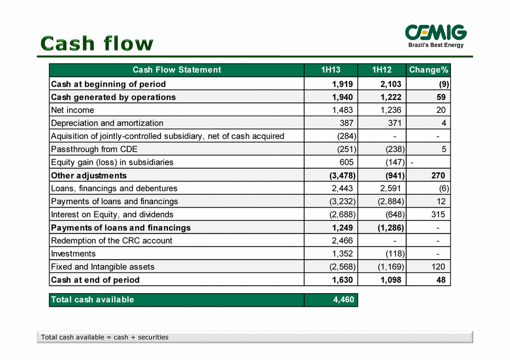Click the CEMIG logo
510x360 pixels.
pyautogui.click(x=436, y=36)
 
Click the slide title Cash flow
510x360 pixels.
pyautogui.click(x=96, y=44)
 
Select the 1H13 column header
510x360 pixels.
pyautogui.click(x=331, y=70)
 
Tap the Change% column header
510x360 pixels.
pyautogui.click(x=428, y=70)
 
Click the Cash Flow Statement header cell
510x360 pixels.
pyautogui.click(x=176, y=70)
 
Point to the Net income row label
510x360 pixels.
pyautogui.click(x=73, y=110)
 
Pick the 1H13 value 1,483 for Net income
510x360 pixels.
pyautogui.click(x=342, y=110)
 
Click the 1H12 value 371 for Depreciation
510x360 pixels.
pyautogui.click(x=394, y=123)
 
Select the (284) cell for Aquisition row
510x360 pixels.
pyautogui.click(x=347, y=136)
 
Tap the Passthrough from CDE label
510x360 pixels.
pyautogui.click(x=94, y=149)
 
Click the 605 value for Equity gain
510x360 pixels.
pyautogui.click(x=347, y=162)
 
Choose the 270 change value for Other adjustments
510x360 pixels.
pyautogui.click(x=438, y=175)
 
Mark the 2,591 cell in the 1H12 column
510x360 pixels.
pyautogui.click(x=391, y=188)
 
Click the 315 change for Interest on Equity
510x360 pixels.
pyautogui.click(x=438, y=214)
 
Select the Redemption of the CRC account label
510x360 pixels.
pyautogui.click(x=112, y=241)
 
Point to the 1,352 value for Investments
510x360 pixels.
pyautogui.click(x=342, y=254)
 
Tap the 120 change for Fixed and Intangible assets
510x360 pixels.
pyautogui.click(x=438, y=267)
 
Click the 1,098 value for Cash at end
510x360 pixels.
pyautogui.click(x=391, y=279)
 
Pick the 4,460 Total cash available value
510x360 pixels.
pyautogui.click(x=343, y=299)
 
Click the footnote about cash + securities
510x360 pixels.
pyautogui.click(x=105, y=337)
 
